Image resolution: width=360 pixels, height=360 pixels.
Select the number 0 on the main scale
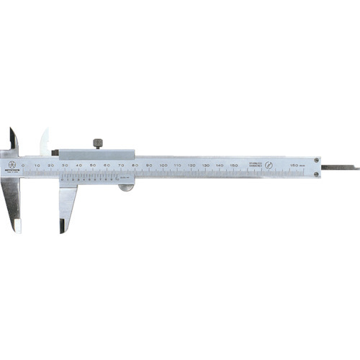coord(24,165)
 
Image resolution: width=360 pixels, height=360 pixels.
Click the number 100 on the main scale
coord(163,165)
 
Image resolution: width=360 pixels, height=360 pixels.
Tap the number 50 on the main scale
coord(93,165)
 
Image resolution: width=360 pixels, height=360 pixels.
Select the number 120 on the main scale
coord(191,165)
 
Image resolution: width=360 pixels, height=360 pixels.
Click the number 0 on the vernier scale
coord(65,179)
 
